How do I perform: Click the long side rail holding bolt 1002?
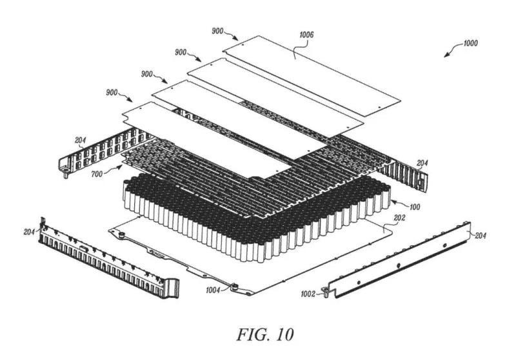400,258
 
